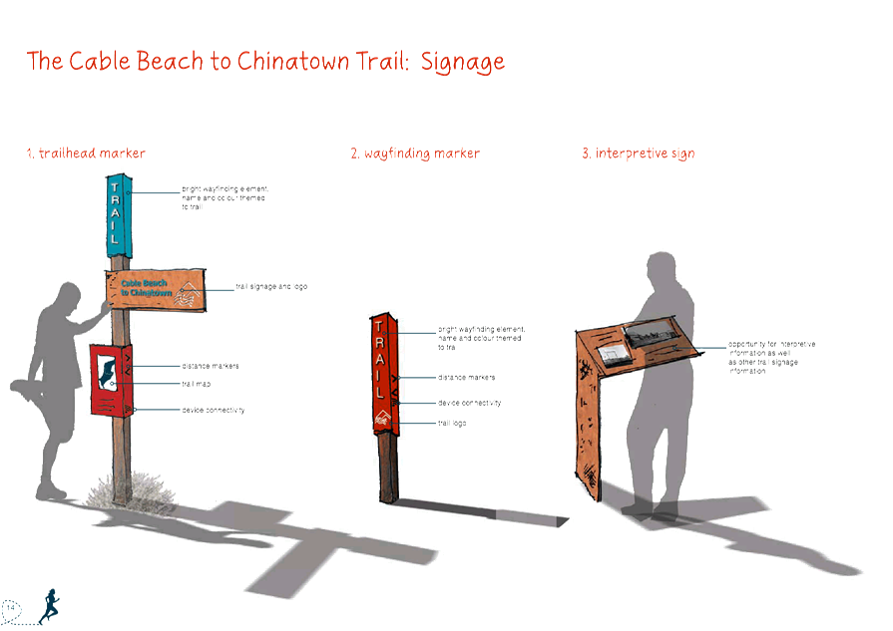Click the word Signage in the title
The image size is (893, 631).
pos(462,62)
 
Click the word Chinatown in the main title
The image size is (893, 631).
pos(305,62)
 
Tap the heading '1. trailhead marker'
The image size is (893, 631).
pos(86,154)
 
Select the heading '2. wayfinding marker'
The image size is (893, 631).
pos(414,154)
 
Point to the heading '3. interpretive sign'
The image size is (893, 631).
pos(638,154)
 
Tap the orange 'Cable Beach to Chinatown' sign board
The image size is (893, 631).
pos(155,287)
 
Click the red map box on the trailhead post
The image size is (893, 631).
pos(113,379)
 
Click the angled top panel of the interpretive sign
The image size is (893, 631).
pos(639,344)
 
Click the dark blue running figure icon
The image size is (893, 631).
pos(48,602)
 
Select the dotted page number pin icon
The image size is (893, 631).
pos(12,605)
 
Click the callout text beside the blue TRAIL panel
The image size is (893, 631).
pos(224,197)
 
